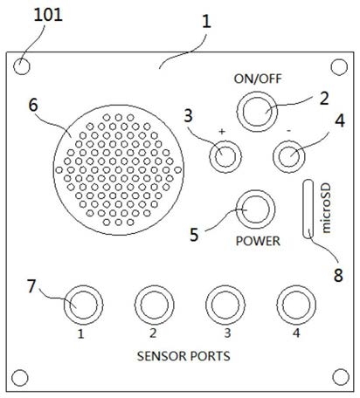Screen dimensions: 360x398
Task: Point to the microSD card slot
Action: click(308, 209)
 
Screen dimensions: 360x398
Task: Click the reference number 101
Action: click(48, 15)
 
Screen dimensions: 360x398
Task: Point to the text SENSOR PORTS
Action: click(183, 356)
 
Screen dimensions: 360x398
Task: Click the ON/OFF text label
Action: click(258, 79)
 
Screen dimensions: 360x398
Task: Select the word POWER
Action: click(258, 241)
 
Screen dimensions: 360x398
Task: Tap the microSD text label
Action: click(326, 209)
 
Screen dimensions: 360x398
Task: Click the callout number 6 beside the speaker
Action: click(33, 105)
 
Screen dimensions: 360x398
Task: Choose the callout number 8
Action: click(338, 275)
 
